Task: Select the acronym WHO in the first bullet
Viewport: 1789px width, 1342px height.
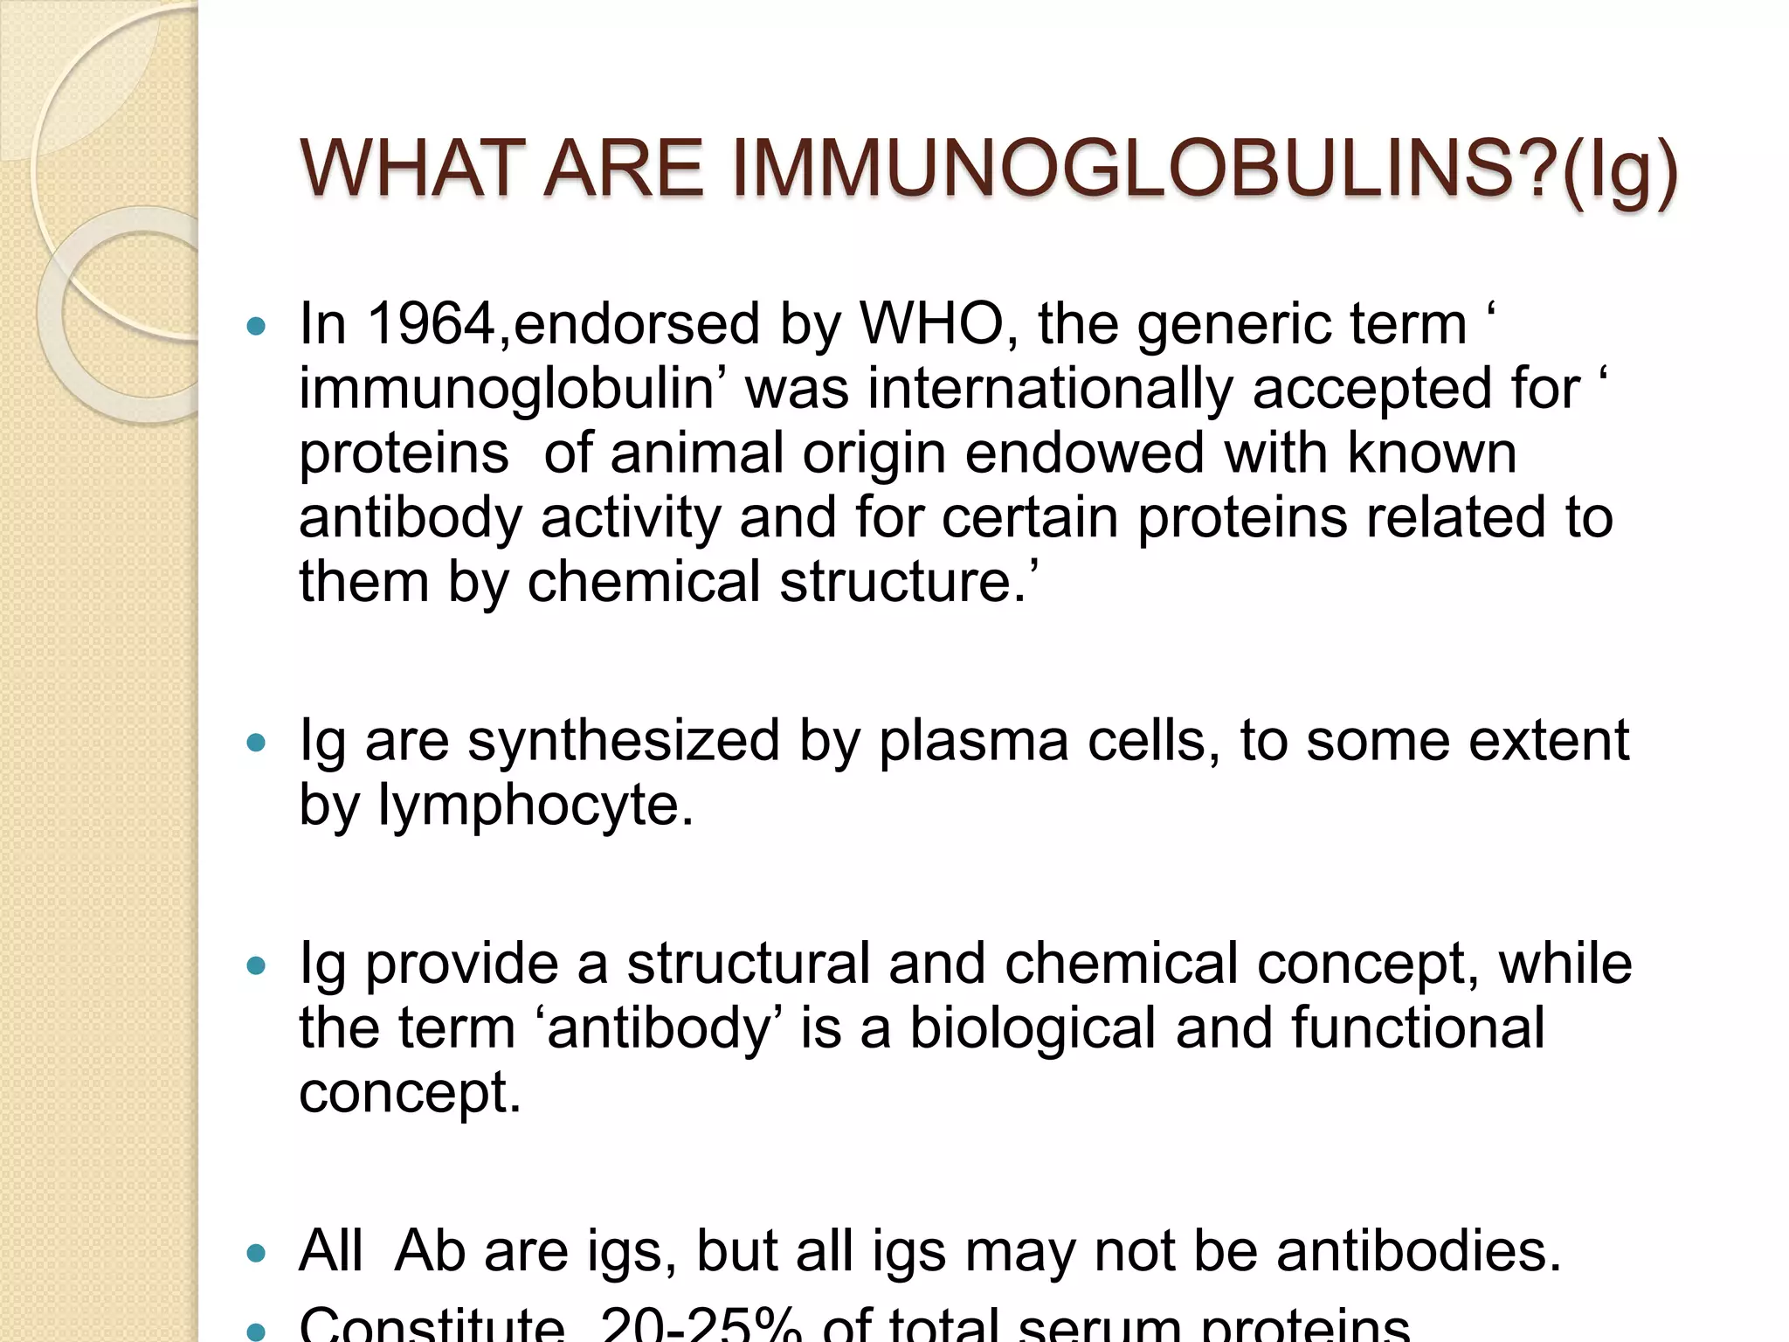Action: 932,324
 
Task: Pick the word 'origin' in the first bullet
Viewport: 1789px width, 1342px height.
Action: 874,455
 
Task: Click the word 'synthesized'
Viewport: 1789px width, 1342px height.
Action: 623,741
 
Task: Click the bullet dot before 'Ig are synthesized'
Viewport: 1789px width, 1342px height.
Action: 256,743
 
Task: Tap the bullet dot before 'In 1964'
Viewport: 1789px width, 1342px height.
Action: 256,327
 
